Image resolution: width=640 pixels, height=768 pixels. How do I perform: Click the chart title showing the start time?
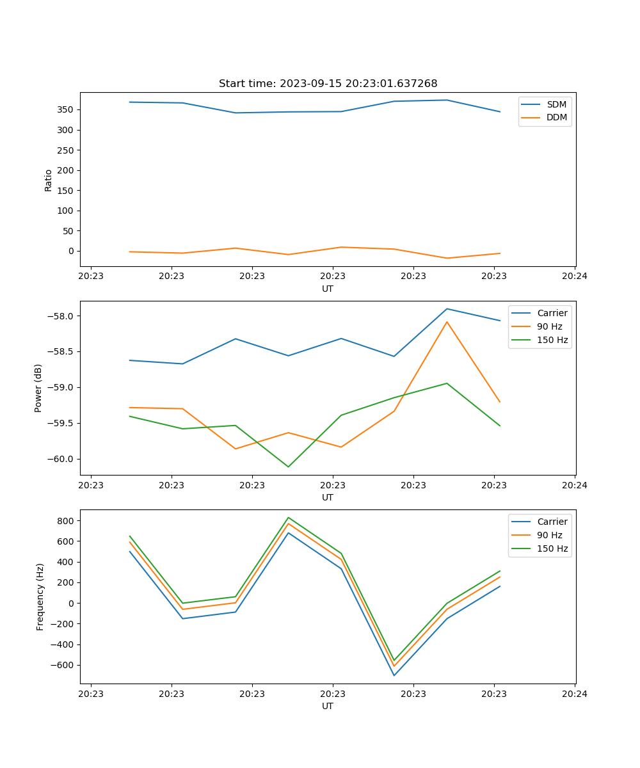(328, 84)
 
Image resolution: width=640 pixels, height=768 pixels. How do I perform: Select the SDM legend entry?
(556, 104)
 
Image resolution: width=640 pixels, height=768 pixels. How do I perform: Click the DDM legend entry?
(556, 117)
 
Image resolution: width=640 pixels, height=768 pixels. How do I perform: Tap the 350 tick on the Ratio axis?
(66, 109)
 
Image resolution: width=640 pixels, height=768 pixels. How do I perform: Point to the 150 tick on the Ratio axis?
(66, 190)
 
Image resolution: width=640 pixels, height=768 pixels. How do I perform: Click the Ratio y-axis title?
(49, 180)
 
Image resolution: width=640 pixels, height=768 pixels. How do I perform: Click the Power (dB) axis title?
(38, 388)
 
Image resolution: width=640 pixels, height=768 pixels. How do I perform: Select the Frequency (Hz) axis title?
(40, 596)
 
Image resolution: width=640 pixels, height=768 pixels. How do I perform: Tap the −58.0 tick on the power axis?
(62, 316)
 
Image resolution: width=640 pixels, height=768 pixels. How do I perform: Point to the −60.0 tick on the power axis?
(62, 459)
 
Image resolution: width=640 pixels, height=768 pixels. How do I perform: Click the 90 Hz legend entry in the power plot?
(549, 326)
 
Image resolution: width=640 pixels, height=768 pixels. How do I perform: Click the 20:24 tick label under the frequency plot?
(574, 694)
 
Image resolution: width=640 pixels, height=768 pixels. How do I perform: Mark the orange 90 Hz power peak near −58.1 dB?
(447, 321)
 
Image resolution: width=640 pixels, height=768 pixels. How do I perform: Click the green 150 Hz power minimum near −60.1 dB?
(288, 467)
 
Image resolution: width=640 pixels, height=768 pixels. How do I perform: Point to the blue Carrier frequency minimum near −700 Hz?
(394, 675)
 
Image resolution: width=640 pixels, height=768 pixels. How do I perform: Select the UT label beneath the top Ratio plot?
(328, 289)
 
